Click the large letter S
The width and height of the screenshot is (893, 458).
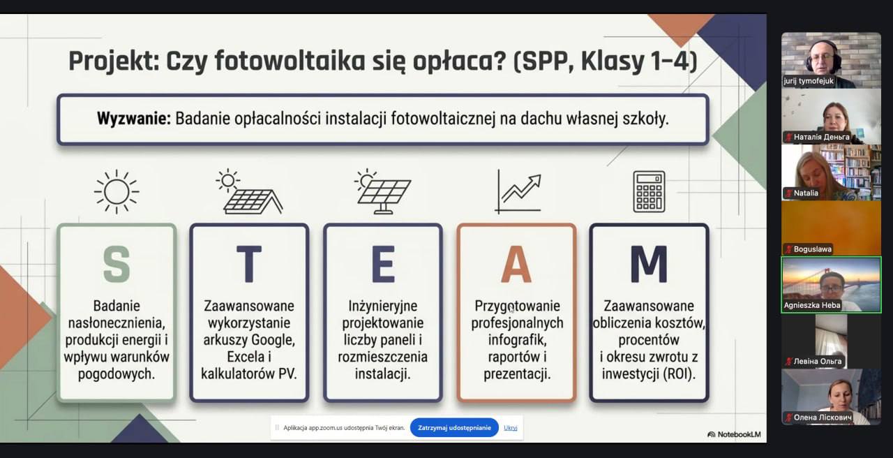pos(117,264)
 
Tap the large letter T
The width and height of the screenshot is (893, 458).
pos(249,264)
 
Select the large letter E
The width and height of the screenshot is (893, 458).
pos(383,264)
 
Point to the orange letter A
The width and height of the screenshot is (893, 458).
pos(516,264)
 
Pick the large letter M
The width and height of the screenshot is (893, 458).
pos(649,264)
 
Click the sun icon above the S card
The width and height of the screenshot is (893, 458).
pos(117,191)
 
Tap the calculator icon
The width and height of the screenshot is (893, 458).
pos(649,191)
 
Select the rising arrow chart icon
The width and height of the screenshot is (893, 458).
pos(518,191)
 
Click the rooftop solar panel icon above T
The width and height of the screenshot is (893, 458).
pos(249,191)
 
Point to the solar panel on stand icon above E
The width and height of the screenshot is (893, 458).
pos(383,191)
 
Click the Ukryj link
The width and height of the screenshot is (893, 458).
pos(510,428)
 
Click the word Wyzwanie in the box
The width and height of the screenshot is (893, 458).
pos(133,119)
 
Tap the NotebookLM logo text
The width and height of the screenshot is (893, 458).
pos(739,434)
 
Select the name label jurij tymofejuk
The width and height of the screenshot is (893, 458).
pos(809,81)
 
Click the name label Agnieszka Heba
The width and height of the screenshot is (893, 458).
pos(811,305)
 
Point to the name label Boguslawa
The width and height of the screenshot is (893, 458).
pos(813,249)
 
